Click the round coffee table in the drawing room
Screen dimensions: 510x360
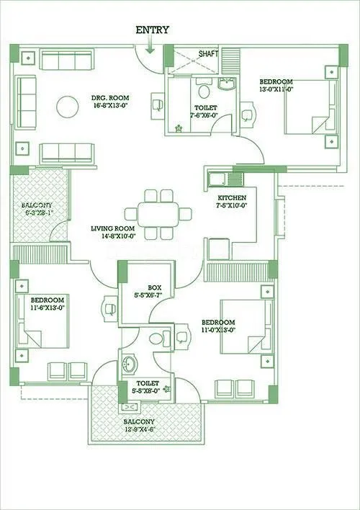68,107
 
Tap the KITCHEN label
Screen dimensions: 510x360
233,197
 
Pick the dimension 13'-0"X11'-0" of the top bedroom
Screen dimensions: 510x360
276,90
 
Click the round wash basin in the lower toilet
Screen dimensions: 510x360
130,362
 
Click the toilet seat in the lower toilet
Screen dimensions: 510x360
161,337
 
